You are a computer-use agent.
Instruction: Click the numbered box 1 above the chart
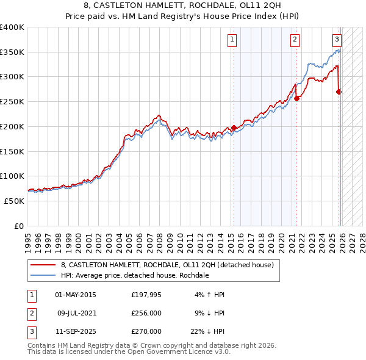pyautogui.click(x=233, y=40)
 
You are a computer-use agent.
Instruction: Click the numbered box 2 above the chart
pyautogui.click(x=295, y=40)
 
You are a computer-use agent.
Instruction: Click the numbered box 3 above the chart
pyautogui.click(x=337, y=40)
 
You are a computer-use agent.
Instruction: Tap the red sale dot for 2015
pyautogui.click(x=234, y=128)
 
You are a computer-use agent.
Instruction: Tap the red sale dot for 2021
pyautogui.click(x=297, y=98)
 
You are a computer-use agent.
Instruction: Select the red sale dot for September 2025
pyautogui.click(x=339, y=92)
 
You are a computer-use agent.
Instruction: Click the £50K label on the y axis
pyautogui.click(x=14, y=201)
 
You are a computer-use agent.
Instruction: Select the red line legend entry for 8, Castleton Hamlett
pyautogui.click(x=171, y=265)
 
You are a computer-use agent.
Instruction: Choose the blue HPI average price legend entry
pyautogui.click(x=135, y=276)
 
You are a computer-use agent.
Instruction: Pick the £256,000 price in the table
pyautogui.click(x=146, y=313)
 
